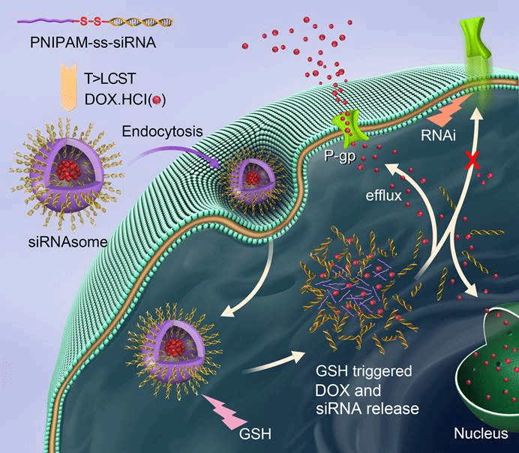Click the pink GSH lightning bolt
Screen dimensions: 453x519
click(x=238, y=409)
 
